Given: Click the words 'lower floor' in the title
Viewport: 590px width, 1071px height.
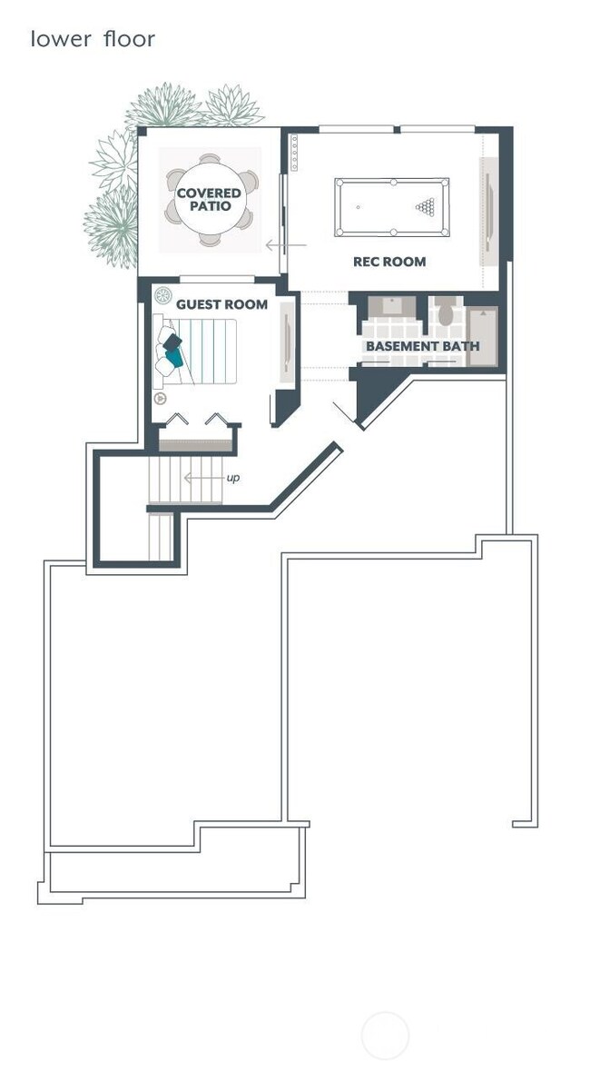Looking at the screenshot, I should click(x=93, y=40).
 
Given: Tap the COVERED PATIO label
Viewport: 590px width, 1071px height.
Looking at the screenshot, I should click(x=210, y=200).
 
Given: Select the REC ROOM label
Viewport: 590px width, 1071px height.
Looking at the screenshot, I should click(x=389, y=262).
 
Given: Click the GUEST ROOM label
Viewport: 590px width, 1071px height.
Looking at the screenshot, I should click(x=221, y=304).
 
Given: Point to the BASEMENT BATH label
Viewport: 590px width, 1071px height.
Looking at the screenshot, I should click(x=422, y=346).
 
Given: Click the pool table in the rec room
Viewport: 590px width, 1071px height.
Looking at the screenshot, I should click(x=392, y=207).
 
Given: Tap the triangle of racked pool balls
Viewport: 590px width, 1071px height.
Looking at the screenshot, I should click(x=425, y=207).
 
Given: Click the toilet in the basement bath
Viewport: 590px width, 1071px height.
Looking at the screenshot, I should click(x=446, y=313).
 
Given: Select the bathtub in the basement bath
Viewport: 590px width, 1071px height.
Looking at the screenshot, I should click(x=483, y=336).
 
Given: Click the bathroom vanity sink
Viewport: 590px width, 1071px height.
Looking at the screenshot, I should click(x=392, y=306).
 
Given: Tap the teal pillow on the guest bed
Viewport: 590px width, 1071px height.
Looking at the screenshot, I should click(x=173, y=357).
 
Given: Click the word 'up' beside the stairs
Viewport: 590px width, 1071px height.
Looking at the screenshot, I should click(x=233, y=478).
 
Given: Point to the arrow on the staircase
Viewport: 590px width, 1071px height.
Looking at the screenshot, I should click(x=202, y=478).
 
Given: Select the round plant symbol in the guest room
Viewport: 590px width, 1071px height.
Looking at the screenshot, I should click(x=163, y=296).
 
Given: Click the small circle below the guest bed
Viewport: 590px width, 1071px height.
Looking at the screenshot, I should click(x=160, y=398).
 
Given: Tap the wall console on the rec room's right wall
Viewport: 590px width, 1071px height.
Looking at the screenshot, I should click(x=488, y=212).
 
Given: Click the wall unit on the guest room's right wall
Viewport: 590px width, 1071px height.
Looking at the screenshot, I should click(x=287, y=342).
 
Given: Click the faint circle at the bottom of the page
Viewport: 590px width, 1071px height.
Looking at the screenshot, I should click(x=385, y=1035).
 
